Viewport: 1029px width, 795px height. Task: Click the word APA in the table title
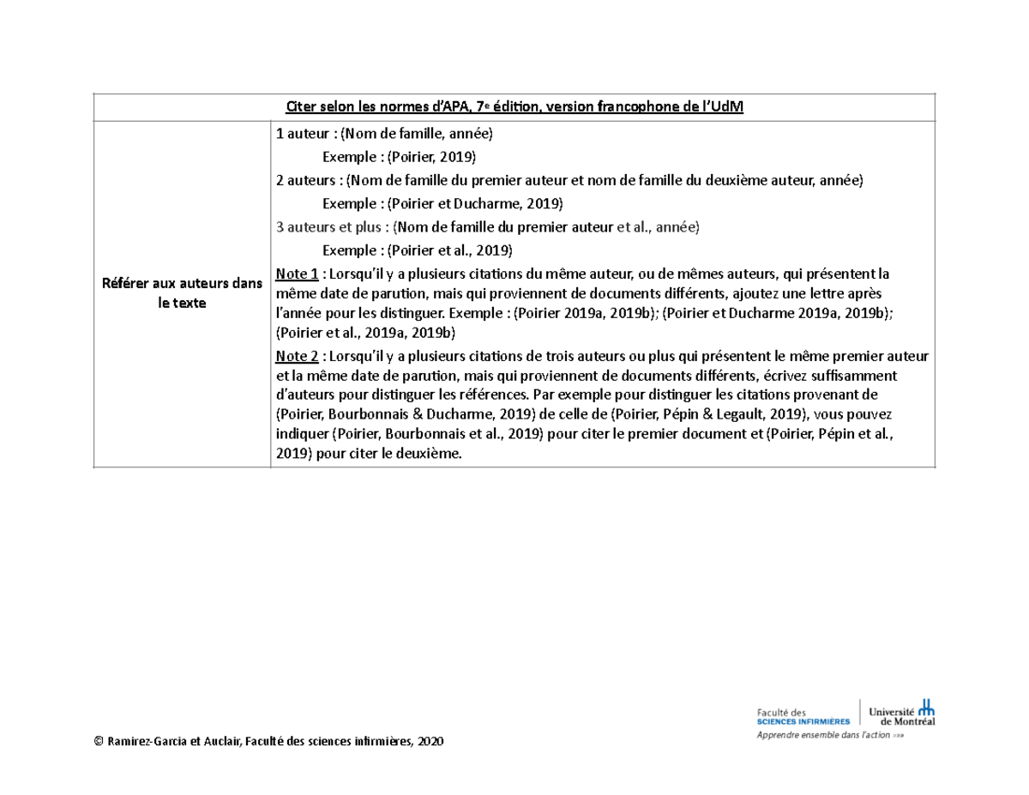click(455, 106)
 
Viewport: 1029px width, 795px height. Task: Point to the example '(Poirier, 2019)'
click(432, 157)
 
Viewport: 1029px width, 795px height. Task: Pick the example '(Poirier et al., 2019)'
click(450, 250)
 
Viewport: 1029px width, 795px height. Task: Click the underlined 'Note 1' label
click(297, 274)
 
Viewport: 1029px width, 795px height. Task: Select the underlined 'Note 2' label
click(297, 356)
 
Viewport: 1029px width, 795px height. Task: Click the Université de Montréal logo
click(901, 714)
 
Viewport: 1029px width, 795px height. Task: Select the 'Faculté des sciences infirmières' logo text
click(803, 716)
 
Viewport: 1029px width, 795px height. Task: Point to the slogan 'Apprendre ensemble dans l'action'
click(827, 736)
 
